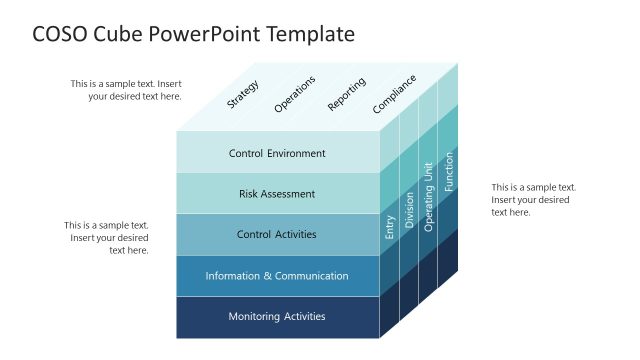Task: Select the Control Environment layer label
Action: pos(277,153)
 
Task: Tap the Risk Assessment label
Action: pos(277,194)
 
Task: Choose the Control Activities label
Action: pos(277,234)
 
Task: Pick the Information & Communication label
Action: pos(277,276)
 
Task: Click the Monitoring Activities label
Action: pos(277,316)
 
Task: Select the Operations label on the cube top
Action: pos(294,93)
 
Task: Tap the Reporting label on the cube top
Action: pos(346,93)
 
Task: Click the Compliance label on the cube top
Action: pos(394,93)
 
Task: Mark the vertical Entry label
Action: pos(390,227)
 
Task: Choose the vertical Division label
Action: pos(409,212)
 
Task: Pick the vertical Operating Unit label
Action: pos(428,197)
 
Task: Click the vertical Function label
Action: pos(449,171)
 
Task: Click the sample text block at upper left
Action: pos(126,90)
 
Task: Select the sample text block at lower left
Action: pos(107,238)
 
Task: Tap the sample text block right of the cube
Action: pos(533,199)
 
